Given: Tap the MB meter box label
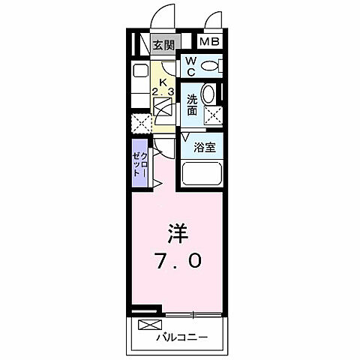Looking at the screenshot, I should tap(210, 42).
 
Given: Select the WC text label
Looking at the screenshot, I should tap(190, 65).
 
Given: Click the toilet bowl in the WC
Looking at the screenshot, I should tap(212, 67).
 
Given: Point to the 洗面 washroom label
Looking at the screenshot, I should tap(192, 103).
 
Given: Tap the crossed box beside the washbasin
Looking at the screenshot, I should tap(213, 116).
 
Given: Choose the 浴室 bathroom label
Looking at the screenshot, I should tap(205, 147).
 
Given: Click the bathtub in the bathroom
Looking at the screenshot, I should tap(204, 177).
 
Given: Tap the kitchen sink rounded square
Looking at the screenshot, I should tap(140, 73).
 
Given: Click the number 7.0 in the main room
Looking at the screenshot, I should tap(178, 260).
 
